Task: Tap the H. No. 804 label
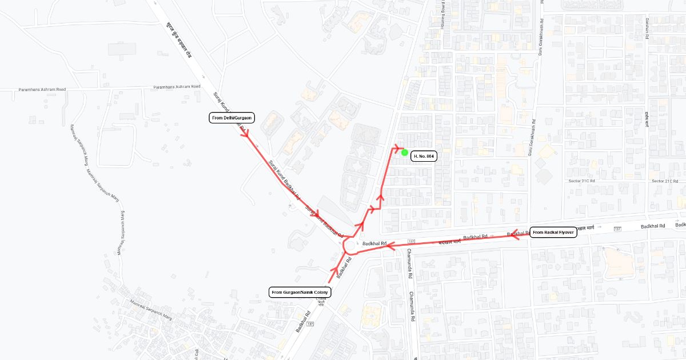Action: tap(424, 156)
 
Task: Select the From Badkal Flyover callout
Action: tap(554, 233)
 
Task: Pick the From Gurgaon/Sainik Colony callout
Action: tap(300, 292)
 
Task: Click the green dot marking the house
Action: tap(405, 152)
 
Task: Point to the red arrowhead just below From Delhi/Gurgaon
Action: tap(246, 135)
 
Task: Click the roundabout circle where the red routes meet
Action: tap(350, 246)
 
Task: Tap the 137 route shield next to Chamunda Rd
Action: tap(411, 242)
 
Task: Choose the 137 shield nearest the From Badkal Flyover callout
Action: tap(617, 229)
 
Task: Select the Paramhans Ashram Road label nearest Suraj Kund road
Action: tap(177, 87)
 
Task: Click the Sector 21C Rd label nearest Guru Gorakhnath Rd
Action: tap(582, 181)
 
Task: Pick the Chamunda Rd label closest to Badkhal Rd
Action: tap(409, 263)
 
